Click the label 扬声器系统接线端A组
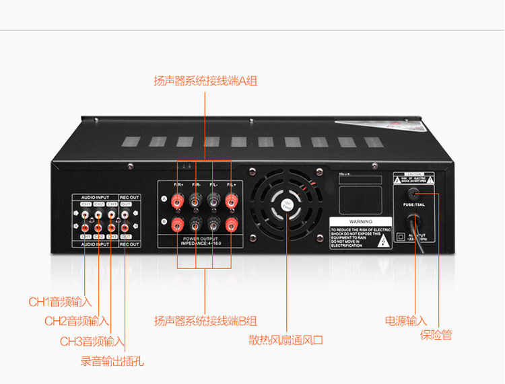205,81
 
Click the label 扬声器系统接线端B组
205,321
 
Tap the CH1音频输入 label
60,302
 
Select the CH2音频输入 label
77,321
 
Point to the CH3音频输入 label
92,342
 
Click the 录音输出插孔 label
112,362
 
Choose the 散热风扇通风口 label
286,340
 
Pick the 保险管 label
436,335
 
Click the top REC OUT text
130,197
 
